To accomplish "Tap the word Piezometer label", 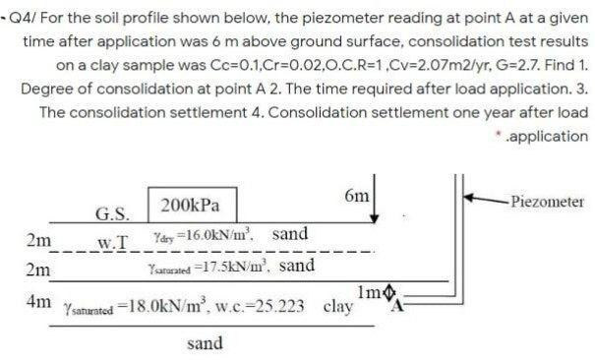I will [x=547, y=202].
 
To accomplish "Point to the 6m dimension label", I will [x=357, y=197].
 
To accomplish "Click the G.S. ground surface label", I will [x=109, y=212].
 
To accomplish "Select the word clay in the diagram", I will [x=338, y=305].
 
